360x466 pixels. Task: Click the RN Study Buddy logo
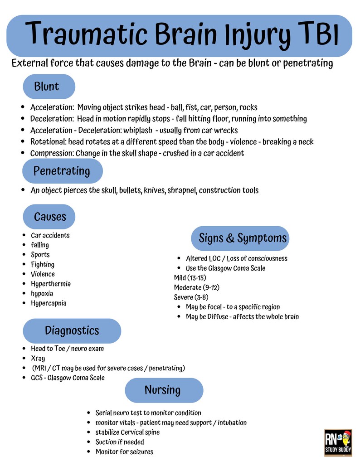click(338, 442)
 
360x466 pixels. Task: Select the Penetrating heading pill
click(62, 171)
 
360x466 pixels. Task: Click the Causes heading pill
click(49, 216)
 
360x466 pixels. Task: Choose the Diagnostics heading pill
click(72, 330)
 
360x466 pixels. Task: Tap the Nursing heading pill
click(163, 390)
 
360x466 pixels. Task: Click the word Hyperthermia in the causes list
click(51, 284)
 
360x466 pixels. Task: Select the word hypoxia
click(42, 293)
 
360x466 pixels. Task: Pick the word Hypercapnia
click(49, 303)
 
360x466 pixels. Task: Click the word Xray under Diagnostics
click(38, 359)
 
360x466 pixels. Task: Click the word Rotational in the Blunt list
click(47, 142)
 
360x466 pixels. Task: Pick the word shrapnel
click(181, 190)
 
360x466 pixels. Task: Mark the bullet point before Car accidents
click(24, 235)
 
